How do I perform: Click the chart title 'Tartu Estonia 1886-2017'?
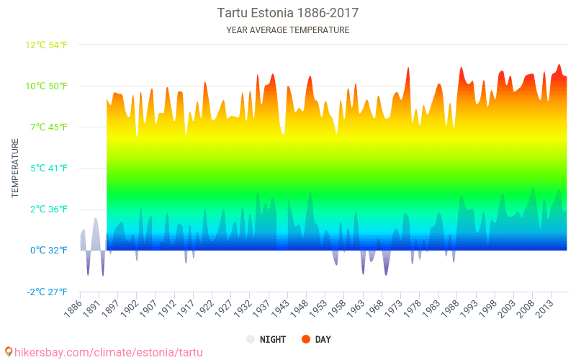[x=288, y=13]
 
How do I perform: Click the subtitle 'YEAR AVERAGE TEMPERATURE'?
[x=288, y=30]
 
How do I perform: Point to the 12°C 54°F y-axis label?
[x=47, y=45]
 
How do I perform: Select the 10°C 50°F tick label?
[x=47, y=86]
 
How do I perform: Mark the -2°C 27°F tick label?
[x=48, y=292]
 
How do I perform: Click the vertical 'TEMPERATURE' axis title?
[x=15, y=168]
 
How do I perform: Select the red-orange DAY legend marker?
[x=305, y=339]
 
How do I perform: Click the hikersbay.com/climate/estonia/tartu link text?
[x=108, y=352]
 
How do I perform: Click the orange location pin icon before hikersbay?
[x=8, y=352]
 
